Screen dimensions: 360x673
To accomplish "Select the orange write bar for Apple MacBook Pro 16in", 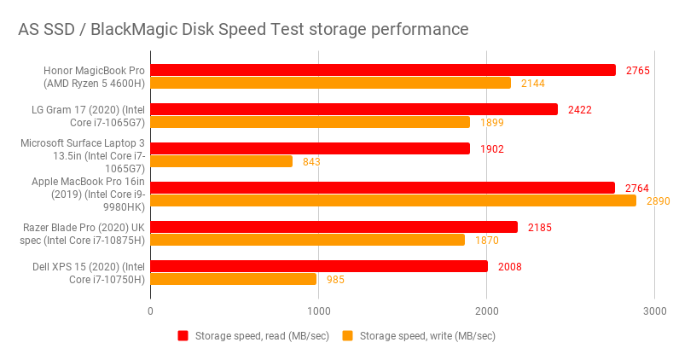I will (393, 200).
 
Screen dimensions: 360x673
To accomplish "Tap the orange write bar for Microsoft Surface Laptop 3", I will (222, 161).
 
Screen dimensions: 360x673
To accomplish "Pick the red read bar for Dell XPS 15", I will (319, 266).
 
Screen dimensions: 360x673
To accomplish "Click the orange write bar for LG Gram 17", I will (310, 122).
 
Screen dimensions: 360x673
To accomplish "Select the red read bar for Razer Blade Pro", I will (334, 227).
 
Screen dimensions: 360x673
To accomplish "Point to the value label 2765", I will (636, 70).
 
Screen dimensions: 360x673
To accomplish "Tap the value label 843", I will (311, 161).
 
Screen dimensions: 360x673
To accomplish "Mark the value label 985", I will (335, 279).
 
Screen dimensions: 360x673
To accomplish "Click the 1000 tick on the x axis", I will (319, 311).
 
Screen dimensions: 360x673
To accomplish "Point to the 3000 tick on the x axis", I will (655, 311).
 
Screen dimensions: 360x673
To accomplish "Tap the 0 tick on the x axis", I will (151, 311).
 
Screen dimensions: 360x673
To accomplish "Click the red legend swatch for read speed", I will (183, 336).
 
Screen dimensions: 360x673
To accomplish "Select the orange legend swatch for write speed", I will (347, 336).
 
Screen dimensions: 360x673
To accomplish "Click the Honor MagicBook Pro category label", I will (95, 76).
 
